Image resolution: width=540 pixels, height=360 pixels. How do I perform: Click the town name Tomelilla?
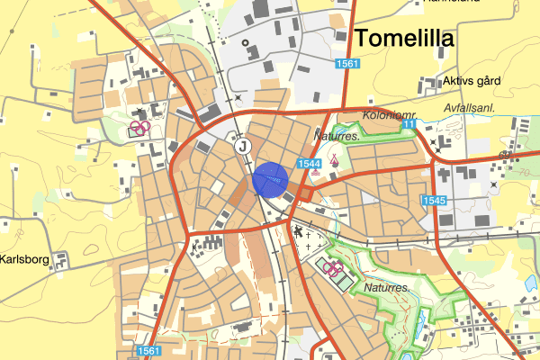pyautogui.click(x=405, y=38)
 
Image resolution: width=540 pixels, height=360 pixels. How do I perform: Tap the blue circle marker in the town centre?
pyautogui.click(x=269, y=178)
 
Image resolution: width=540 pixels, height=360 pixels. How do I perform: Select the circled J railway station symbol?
pyautogui.click(x=241, y=144)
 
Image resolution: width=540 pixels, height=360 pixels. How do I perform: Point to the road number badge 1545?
pyautogui.click(x=434, y=200)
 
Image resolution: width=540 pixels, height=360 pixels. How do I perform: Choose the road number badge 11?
pyautogui.click(x=409, y=123)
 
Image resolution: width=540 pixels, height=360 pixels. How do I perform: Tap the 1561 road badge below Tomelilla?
pyautogui.click(x=347, y=64)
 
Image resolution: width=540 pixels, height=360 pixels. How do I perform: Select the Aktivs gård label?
pyautogui.click(x=472, y=81)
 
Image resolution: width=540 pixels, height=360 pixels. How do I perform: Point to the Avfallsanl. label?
pyautogui.click(x=475, y=107)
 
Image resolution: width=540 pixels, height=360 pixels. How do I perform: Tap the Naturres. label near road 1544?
pyautogui.click(x=337, y=136)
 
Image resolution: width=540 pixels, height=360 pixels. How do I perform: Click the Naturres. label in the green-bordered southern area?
pyautogui.click(x=388, y=288)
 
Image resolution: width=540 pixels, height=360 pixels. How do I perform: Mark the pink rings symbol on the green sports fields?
pyautogui.click(x=333, y=269)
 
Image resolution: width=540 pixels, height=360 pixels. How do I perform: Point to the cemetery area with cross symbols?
pyautogui.click(x=311, y=241)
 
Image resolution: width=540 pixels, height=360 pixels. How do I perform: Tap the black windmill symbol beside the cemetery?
pyautogui.click(x=298, y=232)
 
